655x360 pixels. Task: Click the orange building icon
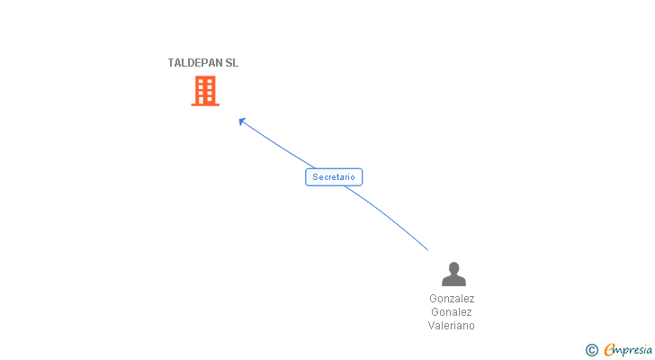click(205, 90)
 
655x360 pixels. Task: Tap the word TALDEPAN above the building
click(194, 63)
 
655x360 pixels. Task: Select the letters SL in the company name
click(231, 63)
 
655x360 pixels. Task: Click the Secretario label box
click(334, 177)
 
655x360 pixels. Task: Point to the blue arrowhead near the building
click(241, 121)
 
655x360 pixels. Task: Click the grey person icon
click(453, 274)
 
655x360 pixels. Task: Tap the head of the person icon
click(453, 267)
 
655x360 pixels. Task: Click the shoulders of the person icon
click(453, 281)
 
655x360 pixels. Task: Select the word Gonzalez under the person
click(452, 299)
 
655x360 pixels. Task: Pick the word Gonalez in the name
click(452, 312)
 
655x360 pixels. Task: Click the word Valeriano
click(452, 326)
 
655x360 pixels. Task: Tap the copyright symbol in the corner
click(591, 350)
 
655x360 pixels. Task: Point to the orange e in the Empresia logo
click(609, 350)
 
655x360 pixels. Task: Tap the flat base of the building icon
click(205, 104)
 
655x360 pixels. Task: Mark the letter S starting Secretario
click(315, 177)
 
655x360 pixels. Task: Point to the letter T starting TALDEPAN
click(171, 63)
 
